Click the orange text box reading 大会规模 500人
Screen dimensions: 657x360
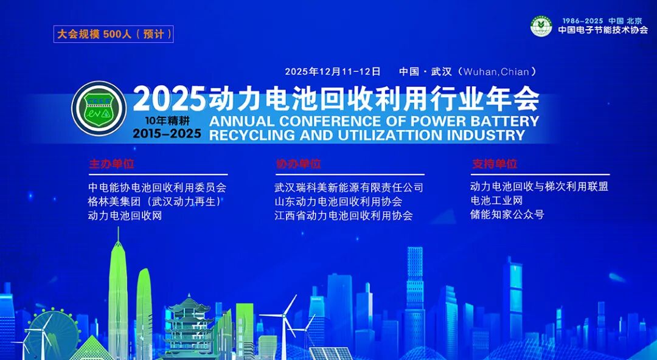(113, 34)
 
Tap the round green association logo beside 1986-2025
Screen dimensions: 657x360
(541, 26)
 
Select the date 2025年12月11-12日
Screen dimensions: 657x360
(333, 72)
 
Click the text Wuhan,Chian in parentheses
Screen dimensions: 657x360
(496, 72)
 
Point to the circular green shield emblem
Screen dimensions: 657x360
(99, 108)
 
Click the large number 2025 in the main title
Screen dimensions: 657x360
(170, 99)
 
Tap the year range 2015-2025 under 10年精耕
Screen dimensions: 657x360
(167, 133)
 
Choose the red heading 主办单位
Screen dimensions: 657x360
(111, 164)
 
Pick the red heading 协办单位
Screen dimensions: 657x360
(298, 164)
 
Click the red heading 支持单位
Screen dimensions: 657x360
(495, 164)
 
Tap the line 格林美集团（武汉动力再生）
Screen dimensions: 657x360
(155, 201)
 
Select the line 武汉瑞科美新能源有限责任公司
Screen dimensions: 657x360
(349, 187)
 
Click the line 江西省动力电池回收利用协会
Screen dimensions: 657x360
(344, 215)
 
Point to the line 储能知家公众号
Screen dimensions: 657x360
(507, 215)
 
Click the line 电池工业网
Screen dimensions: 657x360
(496, 201)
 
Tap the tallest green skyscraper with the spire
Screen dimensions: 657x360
(118, 293)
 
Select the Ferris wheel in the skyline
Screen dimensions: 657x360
(52, 335)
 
